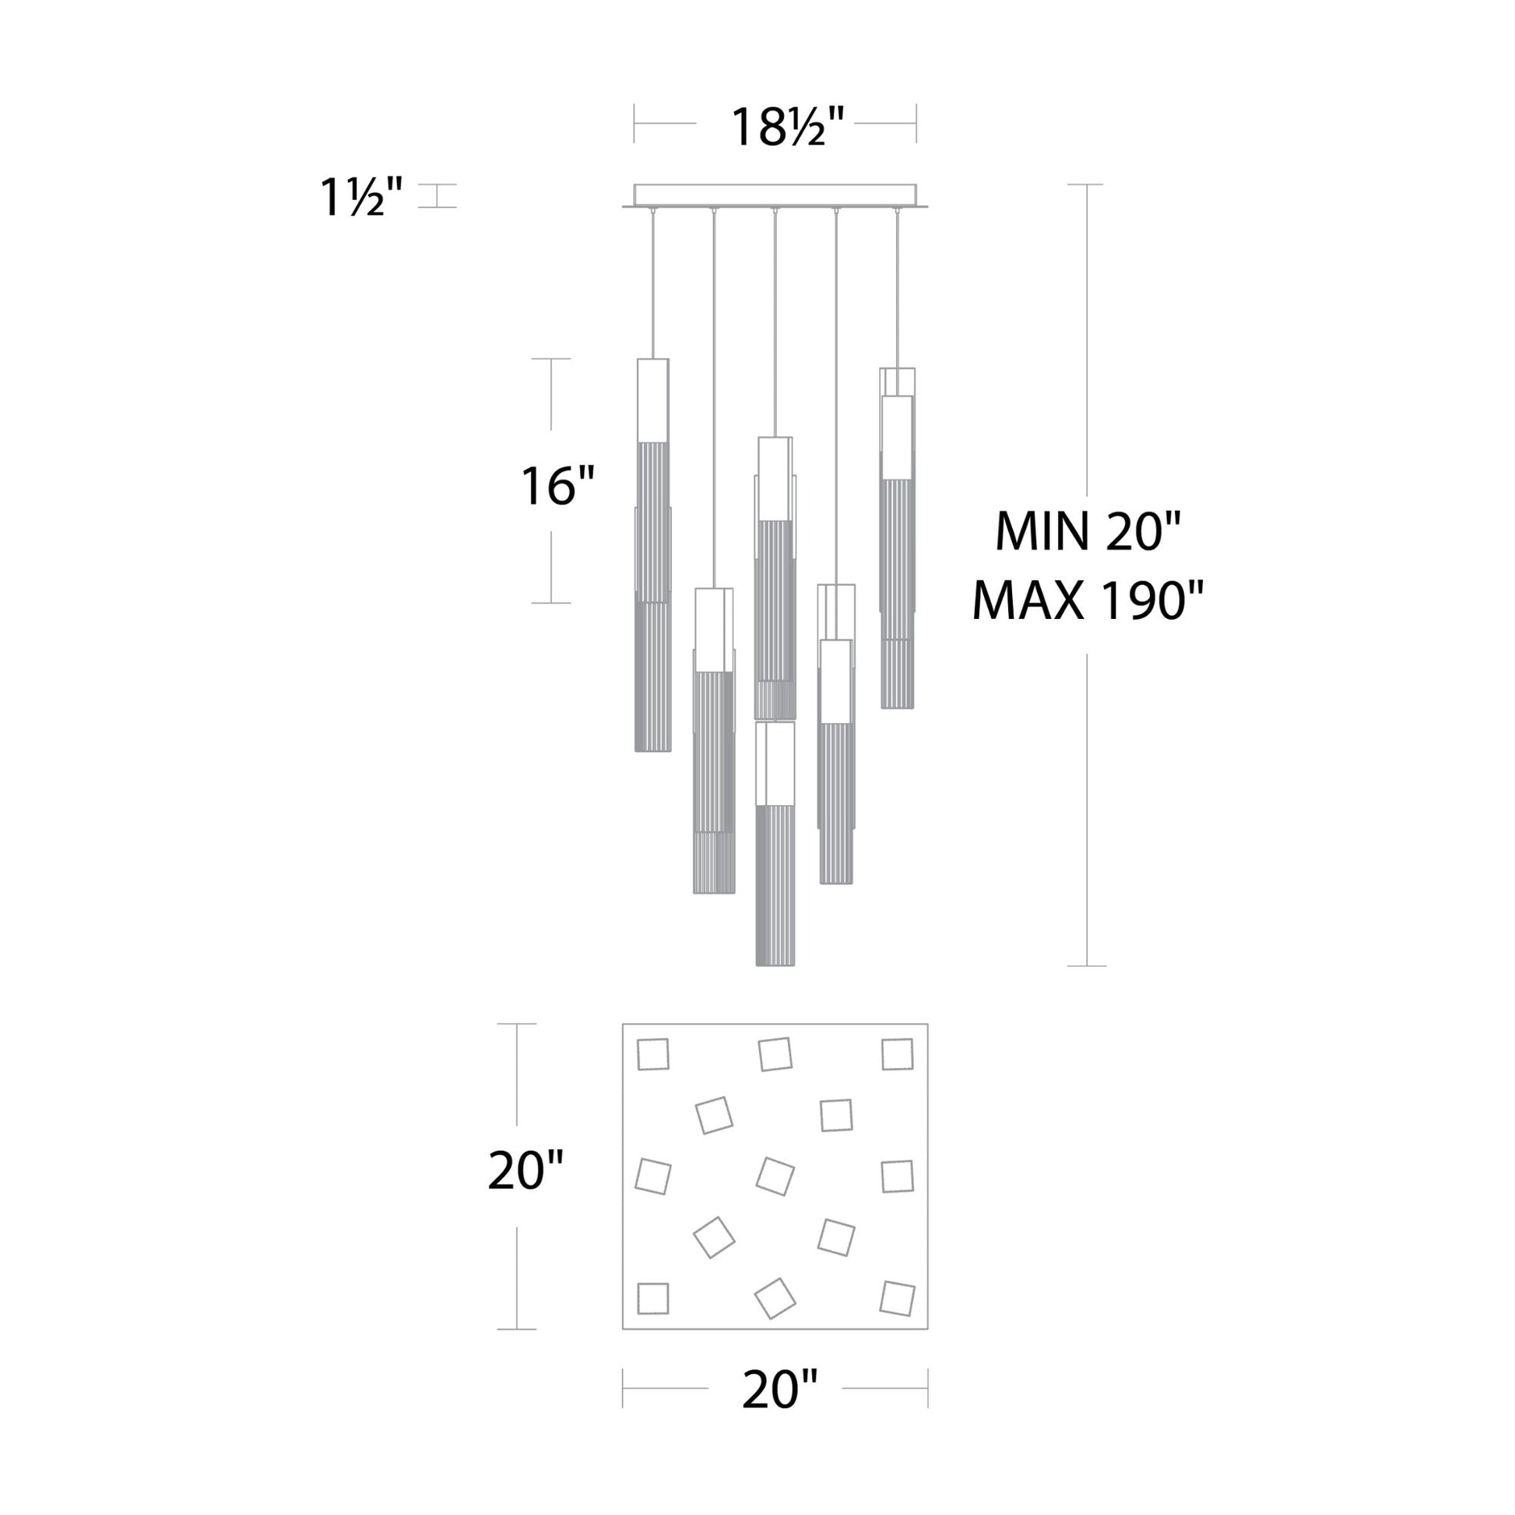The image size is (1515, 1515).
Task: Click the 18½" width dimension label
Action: [x=786, y=126]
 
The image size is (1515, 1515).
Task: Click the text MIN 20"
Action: [x=1088, y=532]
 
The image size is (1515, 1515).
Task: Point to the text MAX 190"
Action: [x=1088, y=602]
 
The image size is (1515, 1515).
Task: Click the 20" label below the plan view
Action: [x=779, y=1390]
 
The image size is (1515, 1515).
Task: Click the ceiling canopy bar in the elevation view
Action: [x=775, y=196]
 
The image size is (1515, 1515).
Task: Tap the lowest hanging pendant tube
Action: [x=775, y=843]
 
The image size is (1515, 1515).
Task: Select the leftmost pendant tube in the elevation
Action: [x=652, y=555]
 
